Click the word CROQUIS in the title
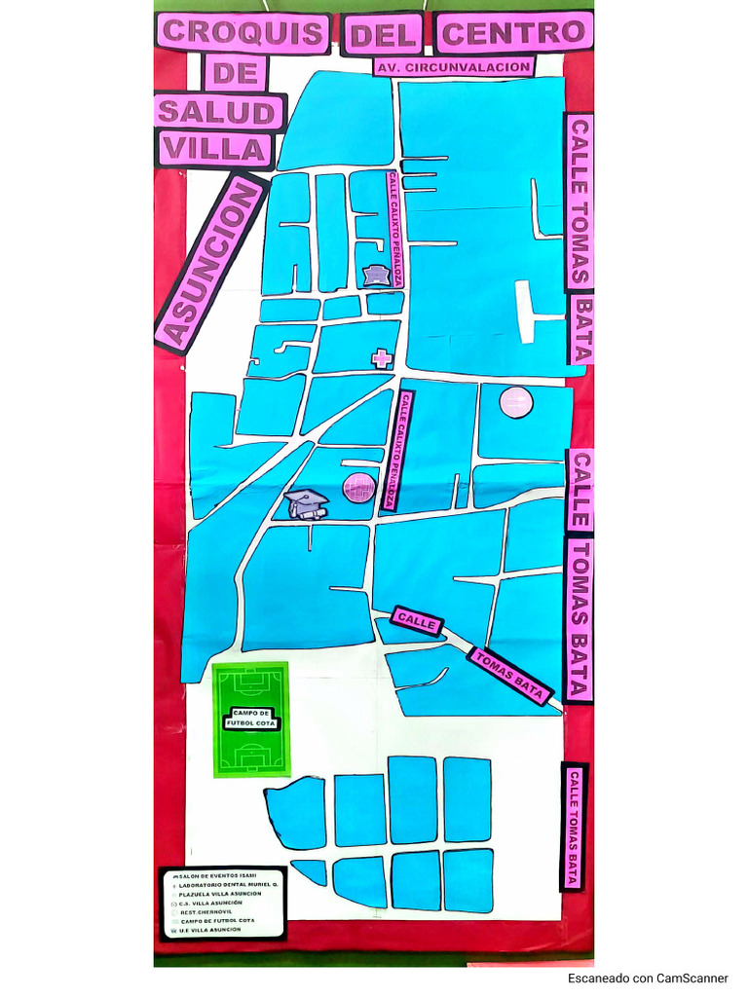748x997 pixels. click(x=243, y=32)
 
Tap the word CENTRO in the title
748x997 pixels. click(x=513, y=32)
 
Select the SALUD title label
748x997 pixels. click(x=216, y=112)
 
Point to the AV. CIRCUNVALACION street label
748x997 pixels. click(x=454, y=67)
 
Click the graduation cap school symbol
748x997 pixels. click(x=307, y=503)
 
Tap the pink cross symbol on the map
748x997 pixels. click(x=382, y=358)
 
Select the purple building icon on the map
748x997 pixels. click(x=376, y=276)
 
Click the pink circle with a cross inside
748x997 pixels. click(x=358, y=486)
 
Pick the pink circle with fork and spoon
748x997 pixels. click(x=516, y=401)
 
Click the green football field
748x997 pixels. click(x=251, y=720)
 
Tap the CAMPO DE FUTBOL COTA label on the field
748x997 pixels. click(x=251, y=720)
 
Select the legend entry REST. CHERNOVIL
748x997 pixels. click(x=206, y=911)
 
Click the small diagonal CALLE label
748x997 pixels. click(x=418, y=621)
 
